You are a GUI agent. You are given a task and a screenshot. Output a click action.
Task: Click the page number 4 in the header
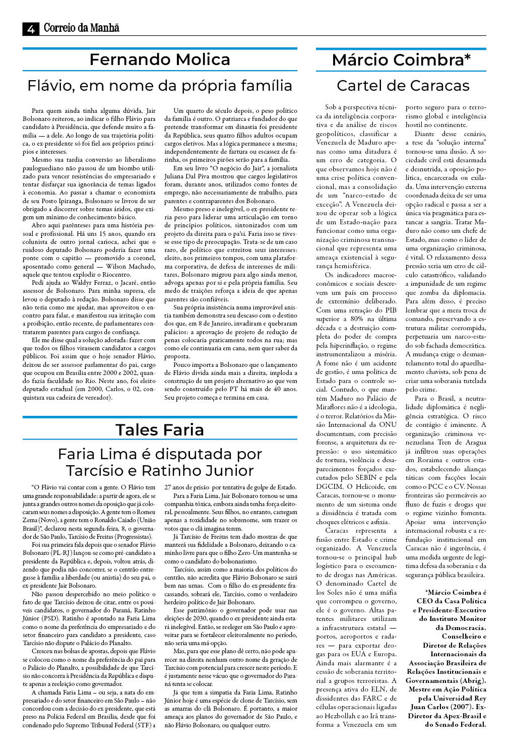tap(31, 29)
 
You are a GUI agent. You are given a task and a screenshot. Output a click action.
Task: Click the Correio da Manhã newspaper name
tap(82, 28)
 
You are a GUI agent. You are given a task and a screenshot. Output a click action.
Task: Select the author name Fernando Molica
tap(160, 59)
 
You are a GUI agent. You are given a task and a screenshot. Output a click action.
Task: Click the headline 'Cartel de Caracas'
tap(403, 86)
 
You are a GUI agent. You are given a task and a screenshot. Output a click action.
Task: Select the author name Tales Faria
tap(160, 429)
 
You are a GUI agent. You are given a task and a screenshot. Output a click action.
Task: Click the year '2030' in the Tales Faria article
tap(200, 618)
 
